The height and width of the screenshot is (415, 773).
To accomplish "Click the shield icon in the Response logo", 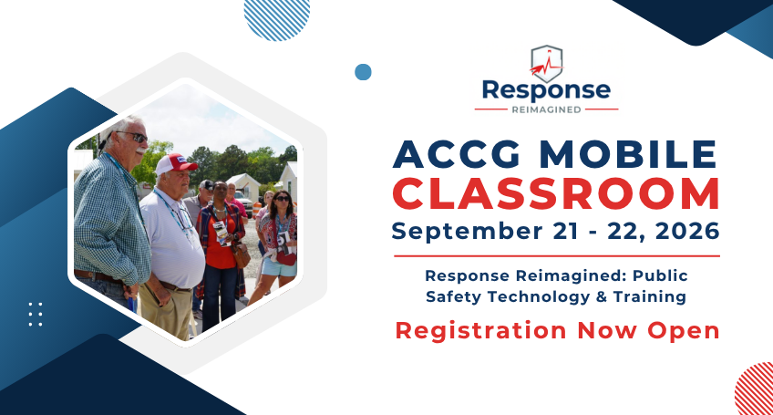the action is [x=547, y=64].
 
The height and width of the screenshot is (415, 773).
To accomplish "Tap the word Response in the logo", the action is [x=546, y=91].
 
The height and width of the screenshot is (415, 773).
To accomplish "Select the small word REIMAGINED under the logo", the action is [x=546, y=109].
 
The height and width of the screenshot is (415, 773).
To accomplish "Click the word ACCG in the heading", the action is [x=457, y=154].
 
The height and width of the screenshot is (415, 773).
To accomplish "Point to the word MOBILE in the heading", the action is [x=628, y=154].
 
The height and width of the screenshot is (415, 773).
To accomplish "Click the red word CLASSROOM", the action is [x=557, y=194].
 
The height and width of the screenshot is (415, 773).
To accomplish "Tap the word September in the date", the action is [x=467, y=232].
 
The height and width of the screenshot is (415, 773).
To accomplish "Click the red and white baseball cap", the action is [x=175, y=164].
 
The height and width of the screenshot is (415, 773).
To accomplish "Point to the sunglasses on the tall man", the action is [x=132, y=137].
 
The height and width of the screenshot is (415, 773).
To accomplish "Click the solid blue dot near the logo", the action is [x=363, y=72].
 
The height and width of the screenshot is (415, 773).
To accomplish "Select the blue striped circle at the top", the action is [x=276, y=16].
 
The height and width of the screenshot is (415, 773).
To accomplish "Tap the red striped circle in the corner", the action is [x=754, y=389].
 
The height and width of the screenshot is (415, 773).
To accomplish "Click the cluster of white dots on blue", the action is [x=36, y=315].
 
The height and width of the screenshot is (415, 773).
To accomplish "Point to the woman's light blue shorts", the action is [x=279, y=267].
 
